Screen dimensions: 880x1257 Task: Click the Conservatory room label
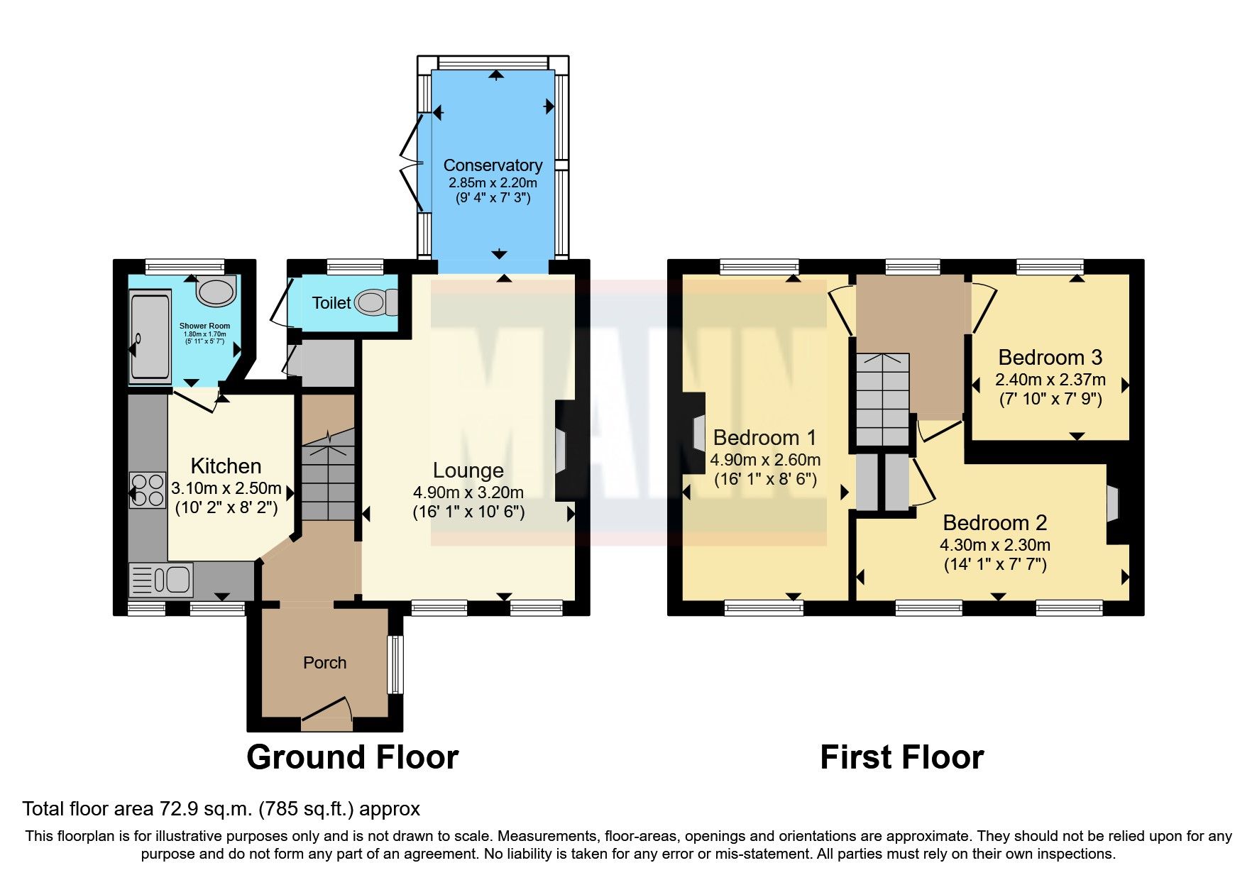[x=493, y=165]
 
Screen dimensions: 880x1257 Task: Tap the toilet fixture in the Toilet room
[x=375, y=302]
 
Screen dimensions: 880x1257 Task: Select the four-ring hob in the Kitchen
[x=148, y=490]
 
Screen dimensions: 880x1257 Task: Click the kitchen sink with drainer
[x=161, y=580]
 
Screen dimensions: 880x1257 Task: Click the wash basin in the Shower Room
[x=215, y=291]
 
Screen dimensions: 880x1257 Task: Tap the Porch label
[x=324, y=663]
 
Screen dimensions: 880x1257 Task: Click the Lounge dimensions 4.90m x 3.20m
[x=468, y=493]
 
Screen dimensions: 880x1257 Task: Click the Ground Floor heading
[x=352, y=757]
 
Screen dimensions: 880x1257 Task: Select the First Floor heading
[x=901, y=757]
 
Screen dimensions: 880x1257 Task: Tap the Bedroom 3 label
[x=1050, y=357]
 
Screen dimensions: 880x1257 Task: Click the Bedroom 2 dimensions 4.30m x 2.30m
[x=994, y=545]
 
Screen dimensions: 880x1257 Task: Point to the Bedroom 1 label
[x=764, y=437]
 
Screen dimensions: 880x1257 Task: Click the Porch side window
[x=395, y=664]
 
